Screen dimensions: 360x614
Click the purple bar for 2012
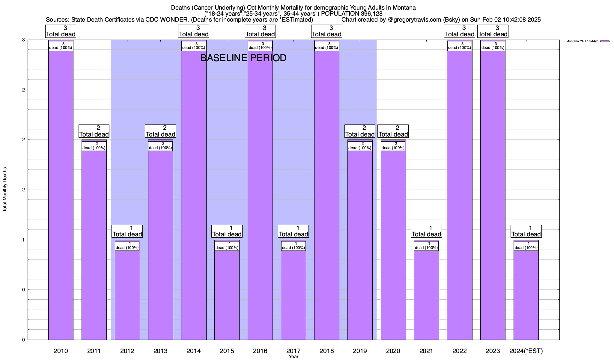pos(127,294)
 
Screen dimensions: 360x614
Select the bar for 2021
pos(426,294)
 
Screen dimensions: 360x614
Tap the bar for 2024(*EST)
pos(526,294)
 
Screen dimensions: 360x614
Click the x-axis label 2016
pos(260,351)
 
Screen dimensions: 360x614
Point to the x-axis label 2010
pos(61,351)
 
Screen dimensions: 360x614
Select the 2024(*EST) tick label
pos(526,351)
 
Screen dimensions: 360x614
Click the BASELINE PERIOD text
pos(243,58)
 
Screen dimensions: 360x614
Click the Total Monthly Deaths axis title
pos(5,190)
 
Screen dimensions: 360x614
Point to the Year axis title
pos(294,356)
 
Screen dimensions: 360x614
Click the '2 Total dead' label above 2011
pos(94,131)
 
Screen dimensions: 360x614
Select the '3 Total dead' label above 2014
pos(194,31)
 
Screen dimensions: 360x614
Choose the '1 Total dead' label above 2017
pos(293,231)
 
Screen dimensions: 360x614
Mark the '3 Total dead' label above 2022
pos(459,31)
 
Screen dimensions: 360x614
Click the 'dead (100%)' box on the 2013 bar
pos(160,146)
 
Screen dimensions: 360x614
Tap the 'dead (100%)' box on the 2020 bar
pos(393,146)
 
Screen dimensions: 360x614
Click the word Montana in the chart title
pos(404,7)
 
